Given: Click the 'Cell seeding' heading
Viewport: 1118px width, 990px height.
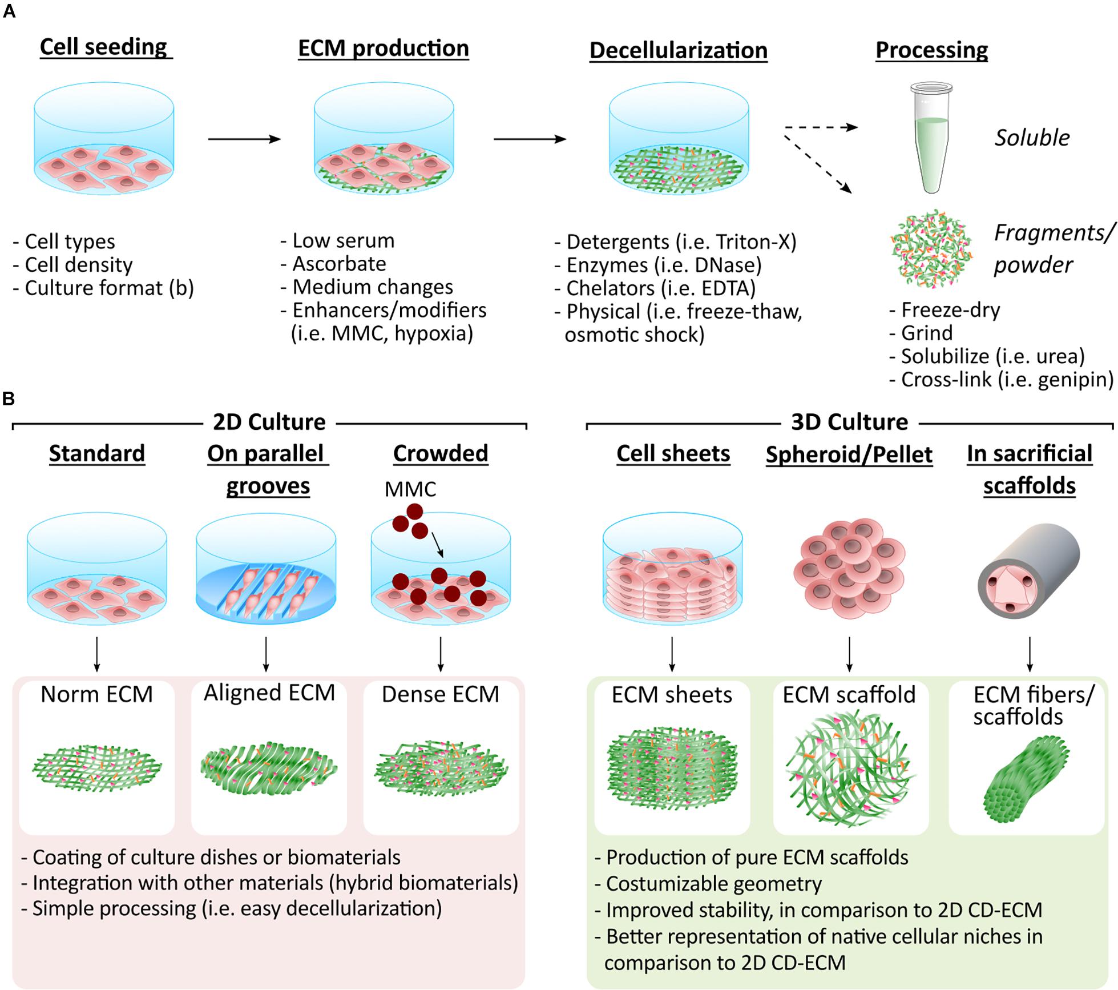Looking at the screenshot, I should (x=104, y=47).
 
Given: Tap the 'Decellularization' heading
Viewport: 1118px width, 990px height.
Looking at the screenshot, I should (x=678, y=50).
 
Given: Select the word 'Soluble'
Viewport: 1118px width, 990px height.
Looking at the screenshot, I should (x=1032, y=138).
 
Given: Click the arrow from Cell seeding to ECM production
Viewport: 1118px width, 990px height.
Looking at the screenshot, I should (x=244, y=139).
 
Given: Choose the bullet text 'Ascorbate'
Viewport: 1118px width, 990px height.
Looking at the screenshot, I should (x=339, y=264).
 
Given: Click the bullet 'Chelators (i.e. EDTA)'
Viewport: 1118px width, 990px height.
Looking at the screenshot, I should (x=660, y=288).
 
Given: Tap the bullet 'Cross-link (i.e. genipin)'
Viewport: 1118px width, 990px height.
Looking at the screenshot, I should (x=1007, y=379).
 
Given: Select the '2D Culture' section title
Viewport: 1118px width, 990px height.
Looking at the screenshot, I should (x=269, y=422).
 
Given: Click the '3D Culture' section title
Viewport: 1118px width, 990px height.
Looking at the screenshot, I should (x=849, y=422).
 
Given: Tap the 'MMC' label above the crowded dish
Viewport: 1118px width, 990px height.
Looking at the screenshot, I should (x=410, y=489).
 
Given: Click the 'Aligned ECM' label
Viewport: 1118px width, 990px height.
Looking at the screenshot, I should (x=269, y=693).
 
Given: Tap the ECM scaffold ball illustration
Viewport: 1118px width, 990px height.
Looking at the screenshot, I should (x=850, y=770).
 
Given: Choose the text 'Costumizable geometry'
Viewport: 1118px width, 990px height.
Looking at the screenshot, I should (x=713, y=883).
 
